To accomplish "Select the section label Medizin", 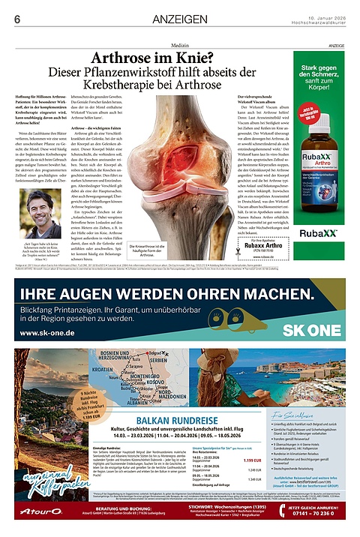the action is point(180,46).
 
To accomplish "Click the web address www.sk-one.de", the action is point(46,333).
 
